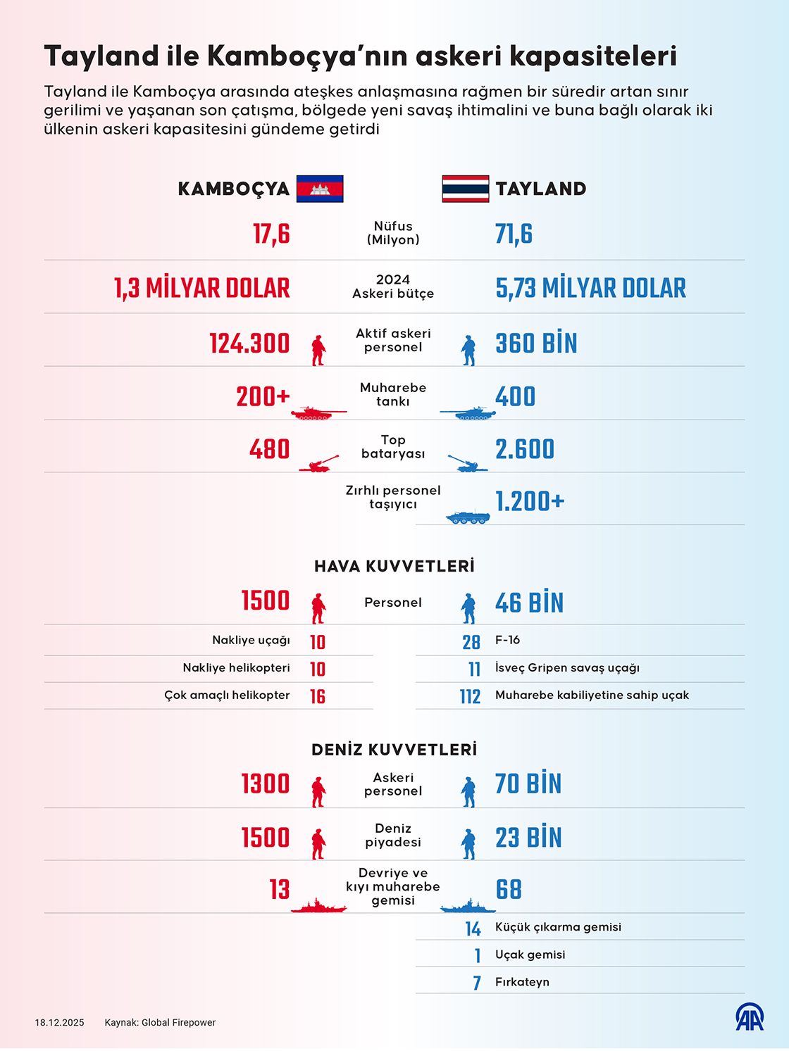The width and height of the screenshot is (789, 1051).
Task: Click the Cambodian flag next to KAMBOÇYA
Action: (320, 189)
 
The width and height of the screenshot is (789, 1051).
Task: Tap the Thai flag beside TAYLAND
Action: (465, 189)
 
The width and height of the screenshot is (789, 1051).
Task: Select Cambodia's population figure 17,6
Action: (271, 234)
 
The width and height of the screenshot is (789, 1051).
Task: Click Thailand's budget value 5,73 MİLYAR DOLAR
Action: (590, 288)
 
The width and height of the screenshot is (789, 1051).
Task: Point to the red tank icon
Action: (318, 413)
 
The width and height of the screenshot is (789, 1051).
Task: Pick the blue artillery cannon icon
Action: (467, 463)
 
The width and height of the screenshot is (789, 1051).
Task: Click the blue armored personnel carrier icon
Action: (468, 517)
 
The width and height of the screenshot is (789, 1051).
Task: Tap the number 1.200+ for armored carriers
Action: (530, 501)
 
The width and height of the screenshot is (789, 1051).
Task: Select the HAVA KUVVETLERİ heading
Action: (394, 566)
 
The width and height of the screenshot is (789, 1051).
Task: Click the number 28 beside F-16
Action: (471, 641)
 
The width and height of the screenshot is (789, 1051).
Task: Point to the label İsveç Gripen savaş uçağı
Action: (567, 667)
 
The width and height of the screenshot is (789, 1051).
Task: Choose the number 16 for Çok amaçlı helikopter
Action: (318, 696)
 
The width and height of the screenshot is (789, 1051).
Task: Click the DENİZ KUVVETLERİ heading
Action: (394, 750)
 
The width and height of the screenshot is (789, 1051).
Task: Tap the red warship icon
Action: (318, 906)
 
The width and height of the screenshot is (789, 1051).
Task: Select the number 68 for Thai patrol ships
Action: (509, 890)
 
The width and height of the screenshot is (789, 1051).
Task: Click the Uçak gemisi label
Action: (530, 955)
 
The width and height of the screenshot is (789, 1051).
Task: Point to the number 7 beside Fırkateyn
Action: (477, 983)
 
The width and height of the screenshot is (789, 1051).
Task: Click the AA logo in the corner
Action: (750, 1017)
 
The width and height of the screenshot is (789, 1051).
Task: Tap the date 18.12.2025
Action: (60, 1023)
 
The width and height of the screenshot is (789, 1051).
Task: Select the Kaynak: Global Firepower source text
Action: (160, 1023)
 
